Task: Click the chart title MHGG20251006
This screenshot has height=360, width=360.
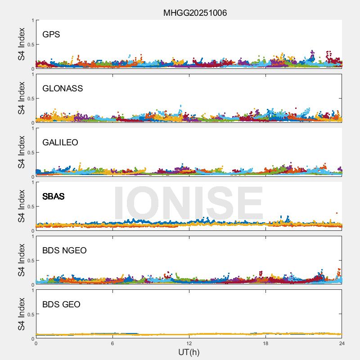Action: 195,13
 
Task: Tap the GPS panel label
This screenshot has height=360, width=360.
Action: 51,34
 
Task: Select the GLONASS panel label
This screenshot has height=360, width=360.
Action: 63,88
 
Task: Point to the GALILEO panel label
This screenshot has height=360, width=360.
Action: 60,142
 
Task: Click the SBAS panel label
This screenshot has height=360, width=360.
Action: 53,196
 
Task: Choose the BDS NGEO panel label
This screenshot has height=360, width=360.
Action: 64,250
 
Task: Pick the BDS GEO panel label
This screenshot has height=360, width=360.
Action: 61,304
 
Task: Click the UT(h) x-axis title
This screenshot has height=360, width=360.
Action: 189,352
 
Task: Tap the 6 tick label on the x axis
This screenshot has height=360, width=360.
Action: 112,343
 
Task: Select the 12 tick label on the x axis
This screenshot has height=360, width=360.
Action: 189,343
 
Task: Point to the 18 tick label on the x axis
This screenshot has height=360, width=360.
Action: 265,343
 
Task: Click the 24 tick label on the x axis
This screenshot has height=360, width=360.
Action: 342,343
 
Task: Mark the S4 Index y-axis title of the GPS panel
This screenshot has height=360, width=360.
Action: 22,44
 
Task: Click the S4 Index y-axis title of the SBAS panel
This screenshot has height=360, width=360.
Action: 22,206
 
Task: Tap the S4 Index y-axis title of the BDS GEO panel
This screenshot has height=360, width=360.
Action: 22,314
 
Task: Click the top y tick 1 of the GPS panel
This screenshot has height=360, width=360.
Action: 32,21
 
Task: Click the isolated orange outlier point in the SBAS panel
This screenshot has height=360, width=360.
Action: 337,213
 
